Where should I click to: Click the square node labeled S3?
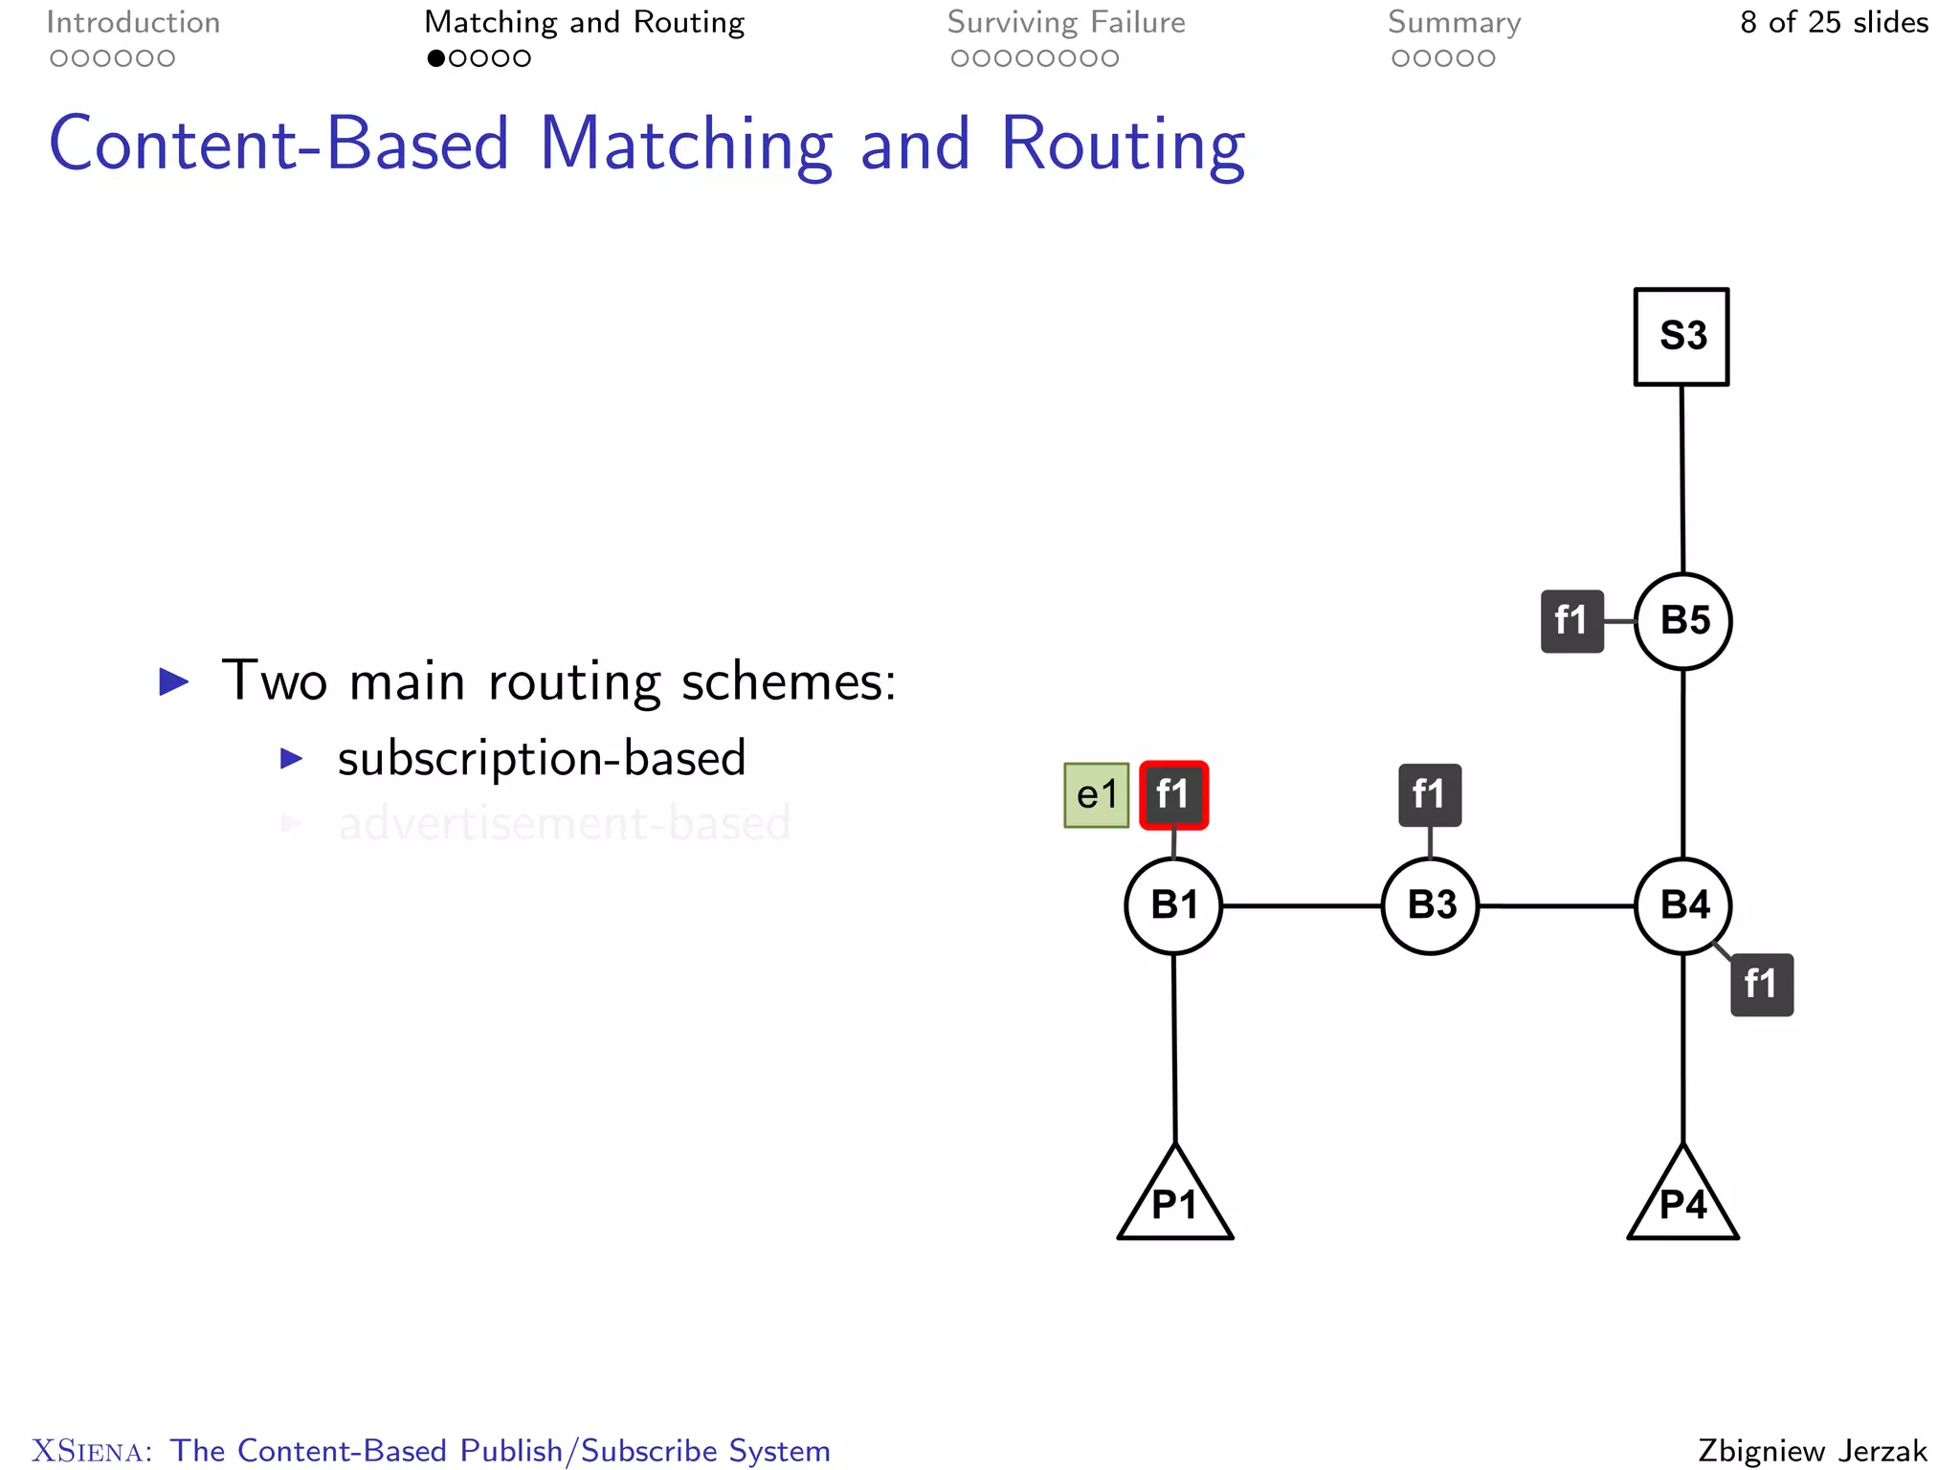click(1681, 337)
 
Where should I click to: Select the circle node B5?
click(1682, 621)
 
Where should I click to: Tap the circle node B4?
click(1682, 905)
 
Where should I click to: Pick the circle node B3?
click(1430, 905)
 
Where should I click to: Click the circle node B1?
click(1173, 905)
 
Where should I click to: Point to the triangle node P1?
click(1175, 1202)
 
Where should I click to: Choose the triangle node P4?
click(1682, 1202)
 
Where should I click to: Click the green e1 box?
click(1097, 795)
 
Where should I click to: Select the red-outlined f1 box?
click(1173, 795)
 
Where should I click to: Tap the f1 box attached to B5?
click(1571, 621)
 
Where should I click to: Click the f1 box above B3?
click(1430, 795)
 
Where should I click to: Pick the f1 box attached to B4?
click(1761, 985)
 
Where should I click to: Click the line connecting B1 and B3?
click(1302, 905)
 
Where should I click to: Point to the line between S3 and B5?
click(1682, 479)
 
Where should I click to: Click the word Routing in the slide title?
click(1122, 145)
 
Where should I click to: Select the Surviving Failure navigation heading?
click(1066, 23)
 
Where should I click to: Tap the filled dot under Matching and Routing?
click(436, 58)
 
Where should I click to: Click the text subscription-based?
click(541, 759)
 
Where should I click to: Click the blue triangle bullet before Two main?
click(174, 682)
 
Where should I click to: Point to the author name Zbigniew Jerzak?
click(1812, 1450)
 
